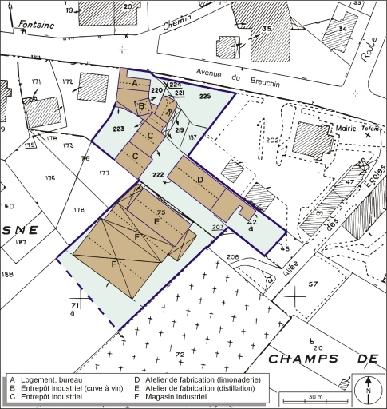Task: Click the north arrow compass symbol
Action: pos(368,388)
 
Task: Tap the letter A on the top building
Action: pos(135,82)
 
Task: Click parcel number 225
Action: pos(205,96)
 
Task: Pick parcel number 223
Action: pos(119,128)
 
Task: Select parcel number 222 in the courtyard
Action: pos(157,173)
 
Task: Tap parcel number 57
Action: pos(313,284)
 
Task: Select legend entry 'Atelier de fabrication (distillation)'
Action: pos(201,388)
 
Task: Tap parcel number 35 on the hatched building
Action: pos(267,29)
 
